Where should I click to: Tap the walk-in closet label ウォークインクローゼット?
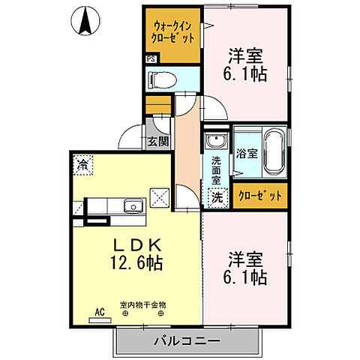[x=173, y=31]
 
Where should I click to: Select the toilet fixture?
[x=161, y=78]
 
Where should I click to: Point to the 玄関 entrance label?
[x=157, y=141]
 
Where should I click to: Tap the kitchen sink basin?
[x=133, y=205]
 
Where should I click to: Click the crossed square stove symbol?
[x=160, y=198]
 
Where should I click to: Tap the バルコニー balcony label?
[x=187, y=340]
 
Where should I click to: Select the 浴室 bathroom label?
[x=246, y=154]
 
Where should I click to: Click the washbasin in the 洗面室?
[x=216, y=141]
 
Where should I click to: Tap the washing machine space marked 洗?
[x=216, y=199]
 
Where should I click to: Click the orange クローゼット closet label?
[x=260, y=196]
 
